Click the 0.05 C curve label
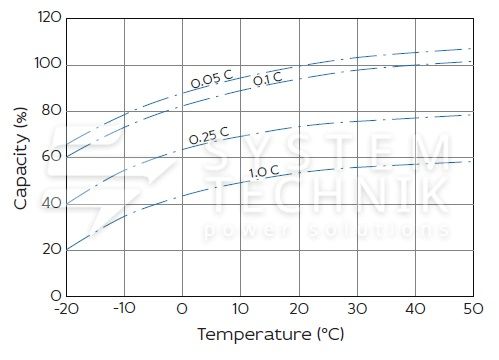tap(212, 79)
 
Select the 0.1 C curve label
tap(267, 79)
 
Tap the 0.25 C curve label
tap(209, 136)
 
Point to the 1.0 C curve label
tap(264, 171)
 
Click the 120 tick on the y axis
tap(50, 17)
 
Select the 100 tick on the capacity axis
tap(48, 63)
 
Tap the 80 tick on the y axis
tap(52, 110)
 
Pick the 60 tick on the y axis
tap(52, 156)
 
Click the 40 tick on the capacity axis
tap(52, 203)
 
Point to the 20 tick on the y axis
tap(52, 249)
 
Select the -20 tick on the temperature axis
tap(67, 309)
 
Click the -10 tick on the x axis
tap(124, 308)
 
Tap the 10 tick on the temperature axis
tap(240, 309)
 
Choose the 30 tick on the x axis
tap(357, 309)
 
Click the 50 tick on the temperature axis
tap(473, 309)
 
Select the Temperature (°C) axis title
tap(271, 334)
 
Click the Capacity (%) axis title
tap(21, 158)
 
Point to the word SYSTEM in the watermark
tap(328, 153)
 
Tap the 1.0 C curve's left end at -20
tap(67, 250)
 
